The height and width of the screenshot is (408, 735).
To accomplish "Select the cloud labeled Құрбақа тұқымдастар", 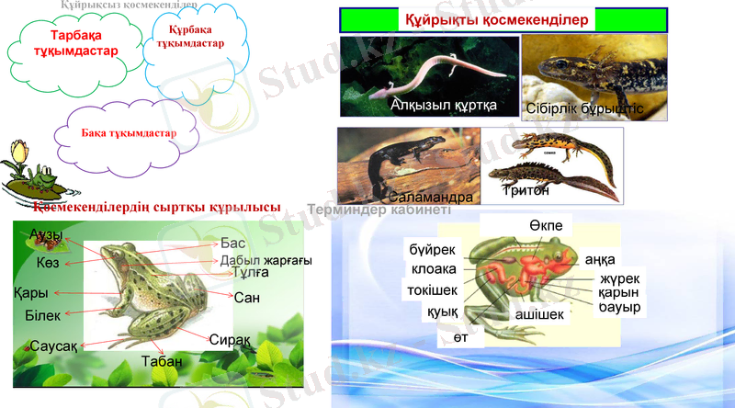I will (190, 38).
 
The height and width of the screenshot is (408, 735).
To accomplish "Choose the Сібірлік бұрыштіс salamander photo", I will (583, 79).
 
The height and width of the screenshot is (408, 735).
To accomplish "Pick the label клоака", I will (429, 270).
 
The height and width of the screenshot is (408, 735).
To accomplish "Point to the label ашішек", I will (538, 313).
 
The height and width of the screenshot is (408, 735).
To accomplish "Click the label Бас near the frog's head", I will (233, 244).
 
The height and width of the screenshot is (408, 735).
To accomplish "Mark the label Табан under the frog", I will (161, 361).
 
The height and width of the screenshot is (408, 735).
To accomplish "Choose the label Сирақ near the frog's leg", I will (229, 339).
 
